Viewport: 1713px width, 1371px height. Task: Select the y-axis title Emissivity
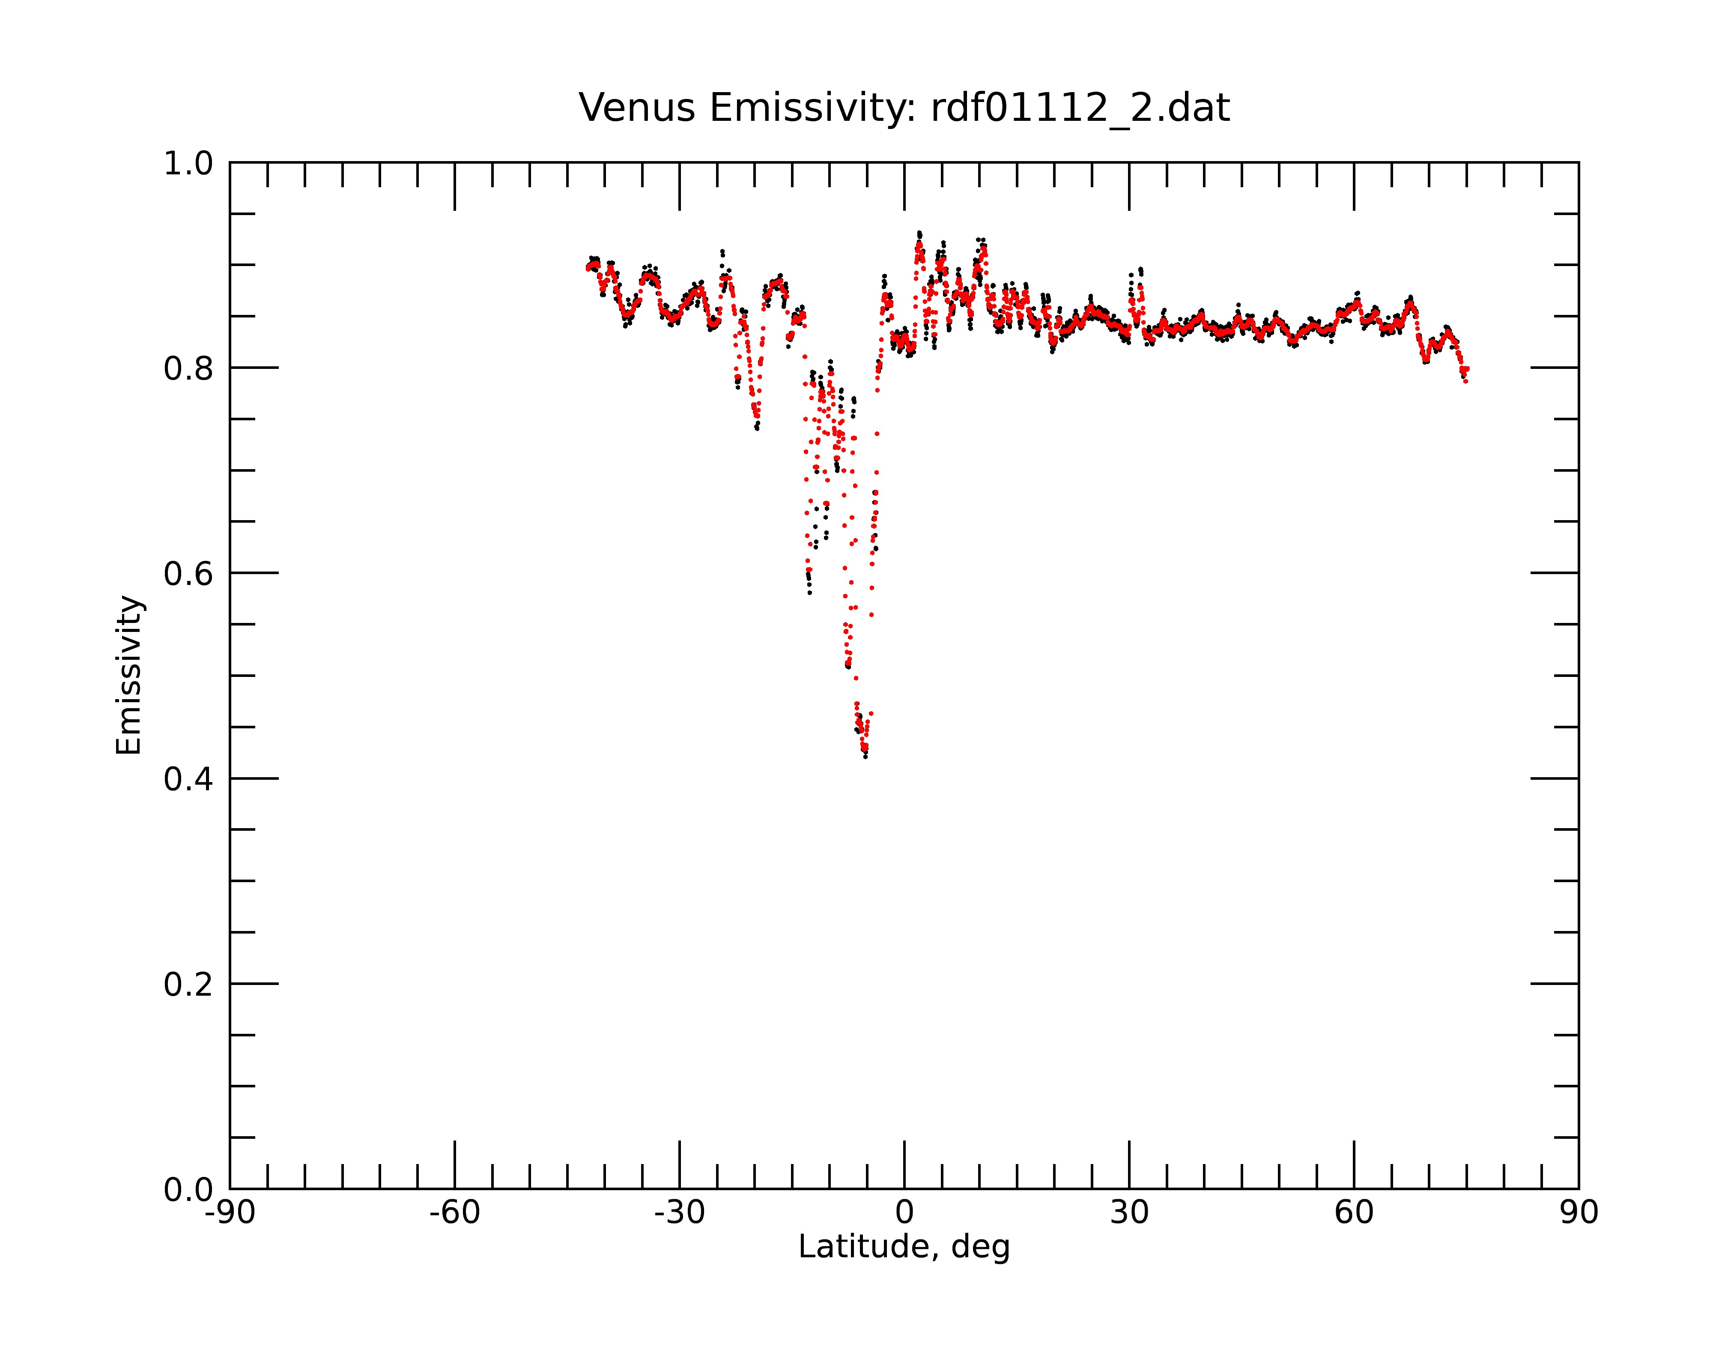129,675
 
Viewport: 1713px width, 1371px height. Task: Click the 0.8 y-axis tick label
188,369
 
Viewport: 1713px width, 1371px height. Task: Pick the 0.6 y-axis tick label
188,574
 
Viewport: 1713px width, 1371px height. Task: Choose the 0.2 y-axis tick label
188,985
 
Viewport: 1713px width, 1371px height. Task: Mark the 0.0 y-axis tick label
188,1190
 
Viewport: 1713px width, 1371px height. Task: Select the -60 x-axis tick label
454,1213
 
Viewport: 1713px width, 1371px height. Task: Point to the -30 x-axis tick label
679,1213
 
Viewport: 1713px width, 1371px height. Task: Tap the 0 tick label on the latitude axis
904,1213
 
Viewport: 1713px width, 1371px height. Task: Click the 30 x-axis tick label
1129,1213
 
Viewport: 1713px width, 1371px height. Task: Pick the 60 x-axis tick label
1354,1213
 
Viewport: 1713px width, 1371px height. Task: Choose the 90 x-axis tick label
1579,1213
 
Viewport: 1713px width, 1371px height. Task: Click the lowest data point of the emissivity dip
865,756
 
